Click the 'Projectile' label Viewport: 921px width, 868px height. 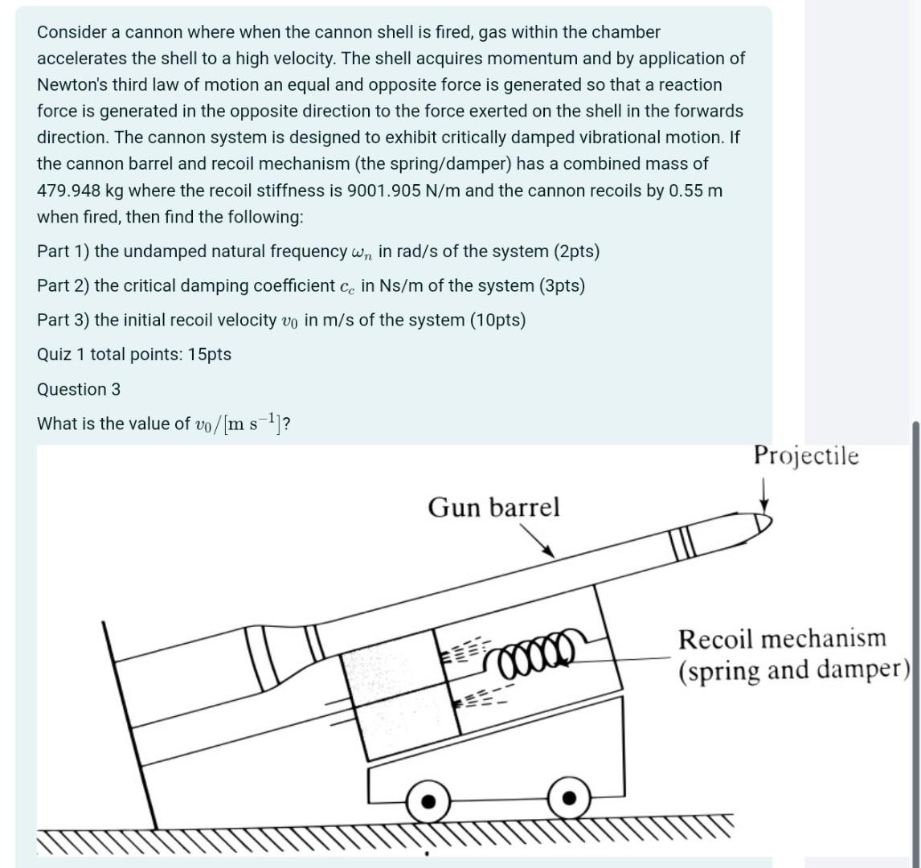click(x=806, y=457)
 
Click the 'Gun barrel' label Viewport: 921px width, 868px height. click(x=493, y=508)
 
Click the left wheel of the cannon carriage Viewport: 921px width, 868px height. click(x=429, y=800)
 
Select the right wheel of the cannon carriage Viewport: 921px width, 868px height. click(x=569, y=797)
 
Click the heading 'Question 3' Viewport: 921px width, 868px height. click(x=79, y=390)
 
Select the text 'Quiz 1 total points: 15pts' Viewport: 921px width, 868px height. click(x=134, y=354)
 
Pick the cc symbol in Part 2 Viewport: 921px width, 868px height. click(x=346, y=287)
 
